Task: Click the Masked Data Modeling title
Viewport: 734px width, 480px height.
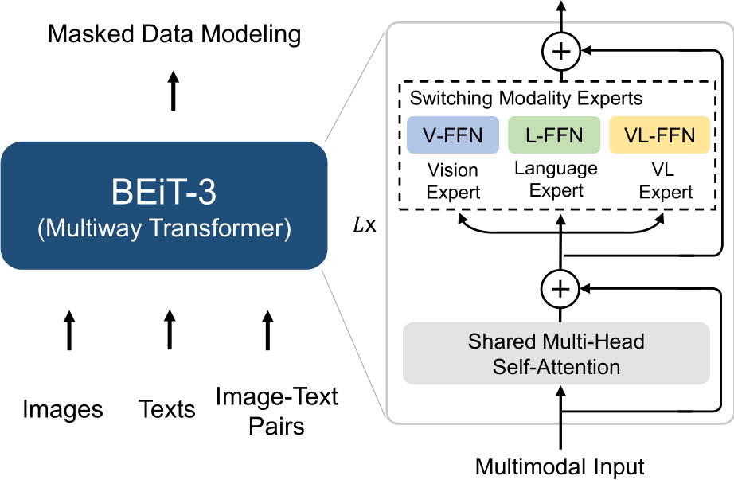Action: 174,34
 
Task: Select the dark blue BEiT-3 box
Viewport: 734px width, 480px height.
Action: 163,206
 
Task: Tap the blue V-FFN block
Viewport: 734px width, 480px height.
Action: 452,135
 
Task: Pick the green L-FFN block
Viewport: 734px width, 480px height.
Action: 554,135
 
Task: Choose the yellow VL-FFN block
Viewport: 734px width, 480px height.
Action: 659,135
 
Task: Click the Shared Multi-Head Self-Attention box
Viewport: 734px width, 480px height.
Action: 556,354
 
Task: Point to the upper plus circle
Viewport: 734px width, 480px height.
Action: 562,52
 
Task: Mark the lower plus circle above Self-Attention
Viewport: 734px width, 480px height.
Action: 562,289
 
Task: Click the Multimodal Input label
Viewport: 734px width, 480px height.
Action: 560,466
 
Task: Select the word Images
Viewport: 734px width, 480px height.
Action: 63,409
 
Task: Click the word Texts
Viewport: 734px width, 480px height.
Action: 167,409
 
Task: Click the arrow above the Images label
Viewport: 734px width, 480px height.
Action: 69,330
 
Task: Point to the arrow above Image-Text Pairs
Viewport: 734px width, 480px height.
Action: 267,330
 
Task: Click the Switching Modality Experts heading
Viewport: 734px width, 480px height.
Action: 526,100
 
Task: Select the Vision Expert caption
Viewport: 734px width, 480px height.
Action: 452,181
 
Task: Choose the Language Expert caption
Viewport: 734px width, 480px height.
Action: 556,179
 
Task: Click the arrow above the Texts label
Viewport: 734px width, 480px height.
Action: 169,330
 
